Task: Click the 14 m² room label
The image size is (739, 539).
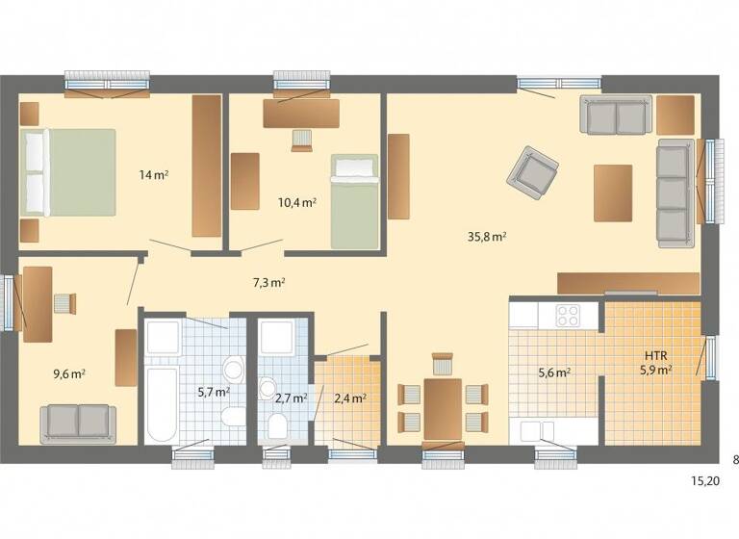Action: [154, 175]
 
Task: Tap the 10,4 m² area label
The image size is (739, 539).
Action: [297, 203]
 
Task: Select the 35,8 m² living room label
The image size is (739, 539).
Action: [488, 236]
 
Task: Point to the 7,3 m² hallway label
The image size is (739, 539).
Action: [268, 283]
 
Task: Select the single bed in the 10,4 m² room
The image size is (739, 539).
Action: [355, 201]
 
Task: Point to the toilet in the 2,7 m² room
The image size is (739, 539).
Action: [277, 424]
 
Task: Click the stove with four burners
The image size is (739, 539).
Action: [568, 316]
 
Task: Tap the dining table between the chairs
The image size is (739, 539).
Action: [443, 405]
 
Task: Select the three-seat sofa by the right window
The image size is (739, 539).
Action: [675, 190]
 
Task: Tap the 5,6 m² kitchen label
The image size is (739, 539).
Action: [555, 372]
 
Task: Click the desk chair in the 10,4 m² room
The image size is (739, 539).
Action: [302, 141]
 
